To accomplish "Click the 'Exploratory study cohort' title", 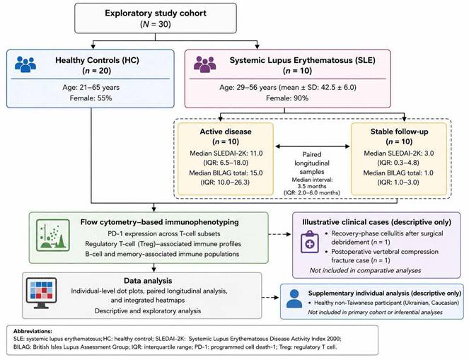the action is tap(156, 13).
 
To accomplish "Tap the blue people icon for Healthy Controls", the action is tap(25, 64).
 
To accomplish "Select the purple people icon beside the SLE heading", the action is tap(205, 64).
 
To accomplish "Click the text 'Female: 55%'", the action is tap(91, 98).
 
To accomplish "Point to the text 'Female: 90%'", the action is tap(287, 98).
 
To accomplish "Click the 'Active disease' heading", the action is tap(226, 132).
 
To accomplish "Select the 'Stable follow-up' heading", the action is tap(399, 132).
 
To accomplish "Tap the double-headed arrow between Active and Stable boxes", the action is tap(312, 146).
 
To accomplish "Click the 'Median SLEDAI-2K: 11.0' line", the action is tap(226, 153).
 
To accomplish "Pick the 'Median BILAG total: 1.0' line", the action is tap(398, 173).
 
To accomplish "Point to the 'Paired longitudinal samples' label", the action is tap(312, 163).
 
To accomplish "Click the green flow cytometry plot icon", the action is tap(53, 235).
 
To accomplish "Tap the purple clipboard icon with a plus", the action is tap(310, 242).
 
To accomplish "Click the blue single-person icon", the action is tap(294, 298).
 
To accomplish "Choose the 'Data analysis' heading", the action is tap(148, 281).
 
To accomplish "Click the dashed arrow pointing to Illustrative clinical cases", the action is tap(279, 234).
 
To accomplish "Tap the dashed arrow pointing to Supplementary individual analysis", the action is tap(270, 297).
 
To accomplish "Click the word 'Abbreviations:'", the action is tap(33, 331).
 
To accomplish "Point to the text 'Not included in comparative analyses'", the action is tap(365, 271).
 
